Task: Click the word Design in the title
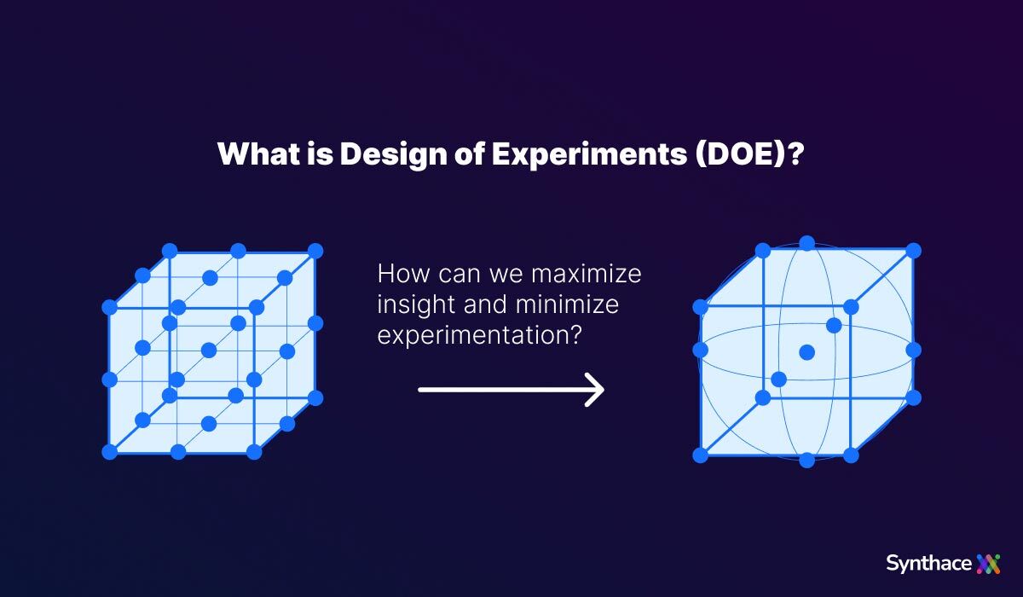coord(383,154)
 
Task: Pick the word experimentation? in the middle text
coord(479,334)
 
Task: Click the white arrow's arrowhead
coord(596,390)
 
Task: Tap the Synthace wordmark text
coord(928,563)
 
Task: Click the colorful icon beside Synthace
coord(989,563)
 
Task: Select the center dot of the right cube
coord(806,352)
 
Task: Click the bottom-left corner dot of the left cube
coord(109,452)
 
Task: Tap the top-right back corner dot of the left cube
coord(315,251)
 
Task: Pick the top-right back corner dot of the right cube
coord(914,251)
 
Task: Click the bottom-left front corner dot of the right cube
coord(701,455)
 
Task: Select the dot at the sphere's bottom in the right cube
coord(807,461)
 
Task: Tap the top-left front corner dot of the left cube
coord(109,307)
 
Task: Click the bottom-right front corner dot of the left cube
coord(254,452)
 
